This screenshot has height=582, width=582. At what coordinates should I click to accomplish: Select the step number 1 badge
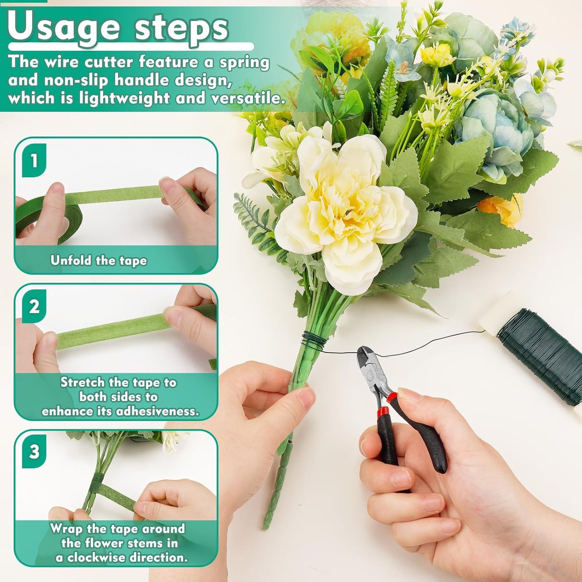coord(34,160)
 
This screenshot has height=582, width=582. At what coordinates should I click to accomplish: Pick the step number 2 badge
coord(34,307)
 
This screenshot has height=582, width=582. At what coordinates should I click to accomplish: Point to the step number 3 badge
coord(34,452)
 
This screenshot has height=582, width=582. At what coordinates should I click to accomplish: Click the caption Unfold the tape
coord(99,261)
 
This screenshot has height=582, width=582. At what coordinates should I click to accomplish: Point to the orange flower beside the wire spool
coord(501,209)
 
